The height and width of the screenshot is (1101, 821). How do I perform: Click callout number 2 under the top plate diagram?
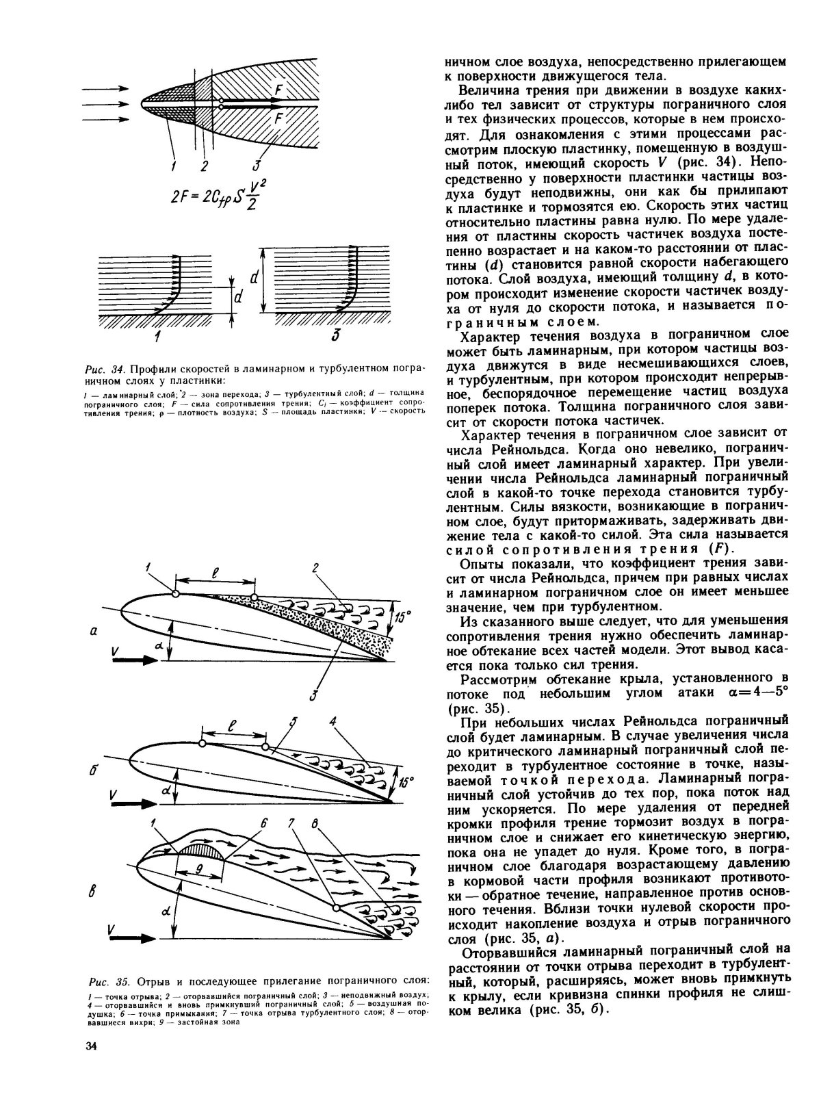click(203, 165)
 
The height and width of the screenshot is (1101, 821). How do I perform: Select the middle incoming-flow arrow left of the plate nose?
click(107, 105)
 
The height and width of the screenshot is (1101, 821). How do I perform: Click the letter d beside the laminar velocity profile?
click(239, 299)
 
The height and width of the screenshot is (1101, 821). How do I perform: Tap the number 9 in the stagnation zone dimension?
click(198, 868)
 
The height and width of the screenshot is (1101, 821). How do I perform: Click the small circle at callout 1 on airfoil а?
click(176, 594)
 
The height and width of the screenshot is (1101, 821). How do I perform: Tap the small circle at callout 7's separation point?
click(336, 907)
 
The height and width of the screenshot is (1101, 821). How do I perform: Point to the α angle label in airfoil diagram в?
click(166, 911)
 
